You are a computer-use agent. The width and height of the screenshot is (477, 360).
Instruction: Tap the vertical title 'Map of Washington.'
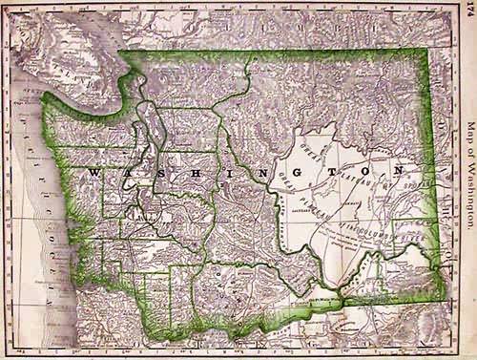[x=467, y=180]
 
